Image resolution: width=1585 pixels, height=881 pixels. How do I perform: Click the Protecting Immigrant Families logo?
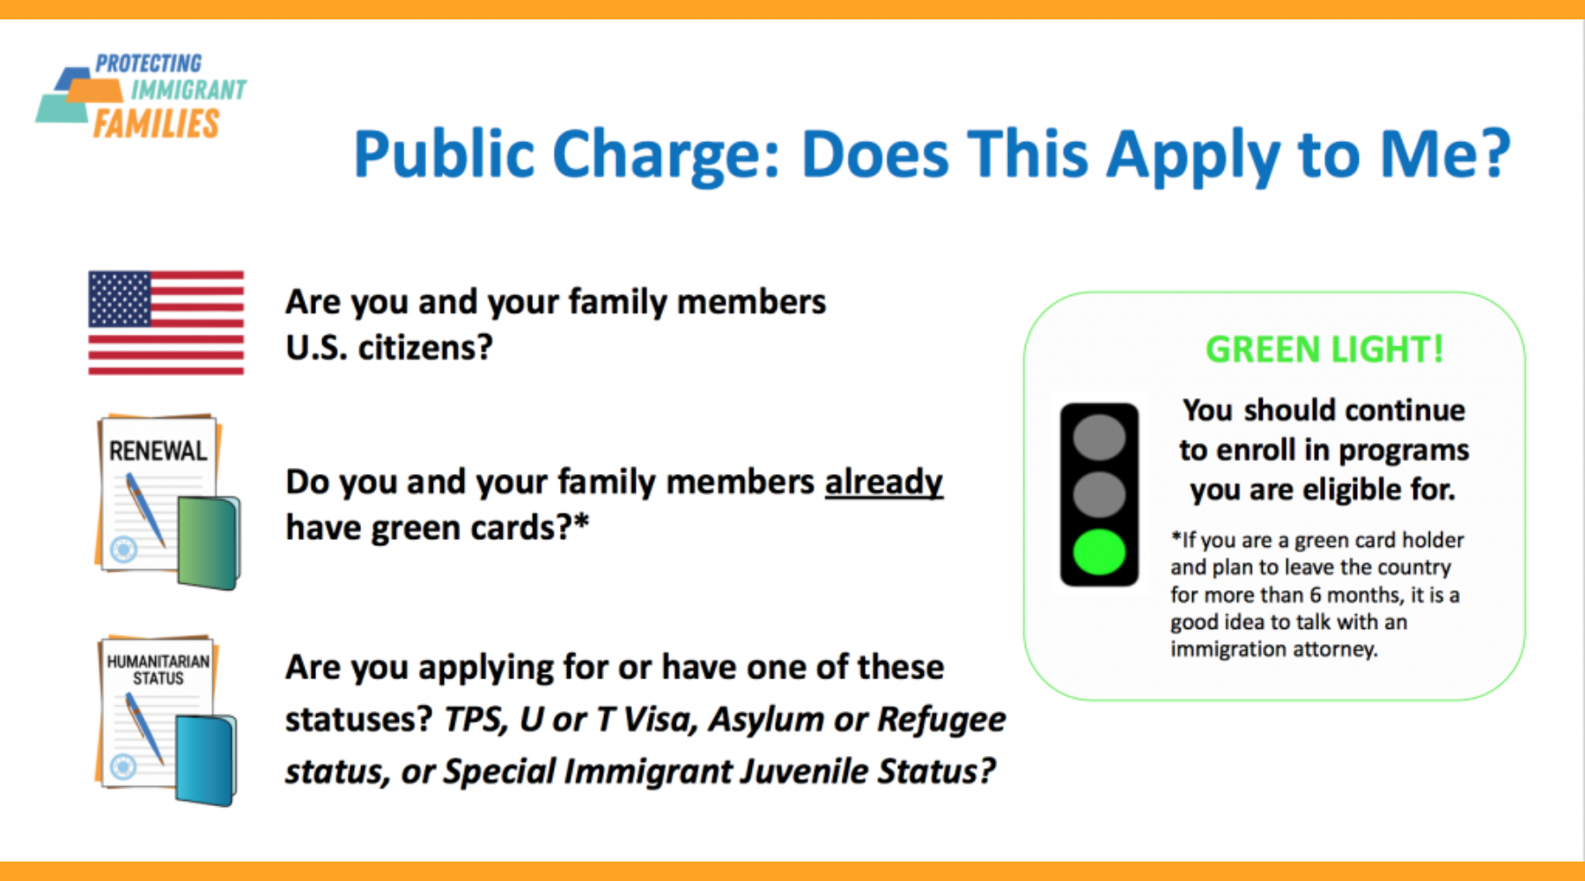tap(142, 96)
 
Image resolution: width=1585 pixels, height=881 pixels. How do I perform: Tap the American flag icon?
tap(166, 322)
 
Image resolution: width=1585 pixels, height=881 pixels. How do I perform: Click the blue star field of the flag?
tap(119, 299)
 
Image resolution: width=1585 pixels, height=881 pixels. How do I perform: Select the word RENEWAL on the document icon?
tap(158, 451)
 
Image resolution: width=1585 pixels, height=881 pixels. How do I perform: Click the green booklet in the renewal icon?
tap(209, 542)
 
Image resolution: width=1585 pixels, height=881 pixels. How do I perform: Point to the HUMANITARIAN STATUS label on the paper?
tap(158, 670)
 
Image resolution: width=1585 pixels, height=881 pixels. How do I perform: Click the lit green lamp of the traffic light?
tap(1099, 552)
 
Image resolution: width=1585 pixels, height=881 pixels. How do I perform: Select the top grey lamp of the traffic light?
tap(1099, 437)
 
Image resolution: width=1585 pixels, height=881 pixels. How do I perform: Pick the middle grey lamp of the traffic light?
tap(1099, 494)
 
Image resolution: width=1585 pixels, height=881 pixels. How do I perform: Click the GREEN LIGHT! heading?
tap(1324, 350)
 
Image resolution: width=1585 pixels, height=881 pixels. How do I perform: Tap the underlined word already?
tap(883, 483)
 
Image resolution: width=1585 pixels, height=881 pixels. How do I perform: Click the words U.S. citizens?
tap(389, 348)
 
